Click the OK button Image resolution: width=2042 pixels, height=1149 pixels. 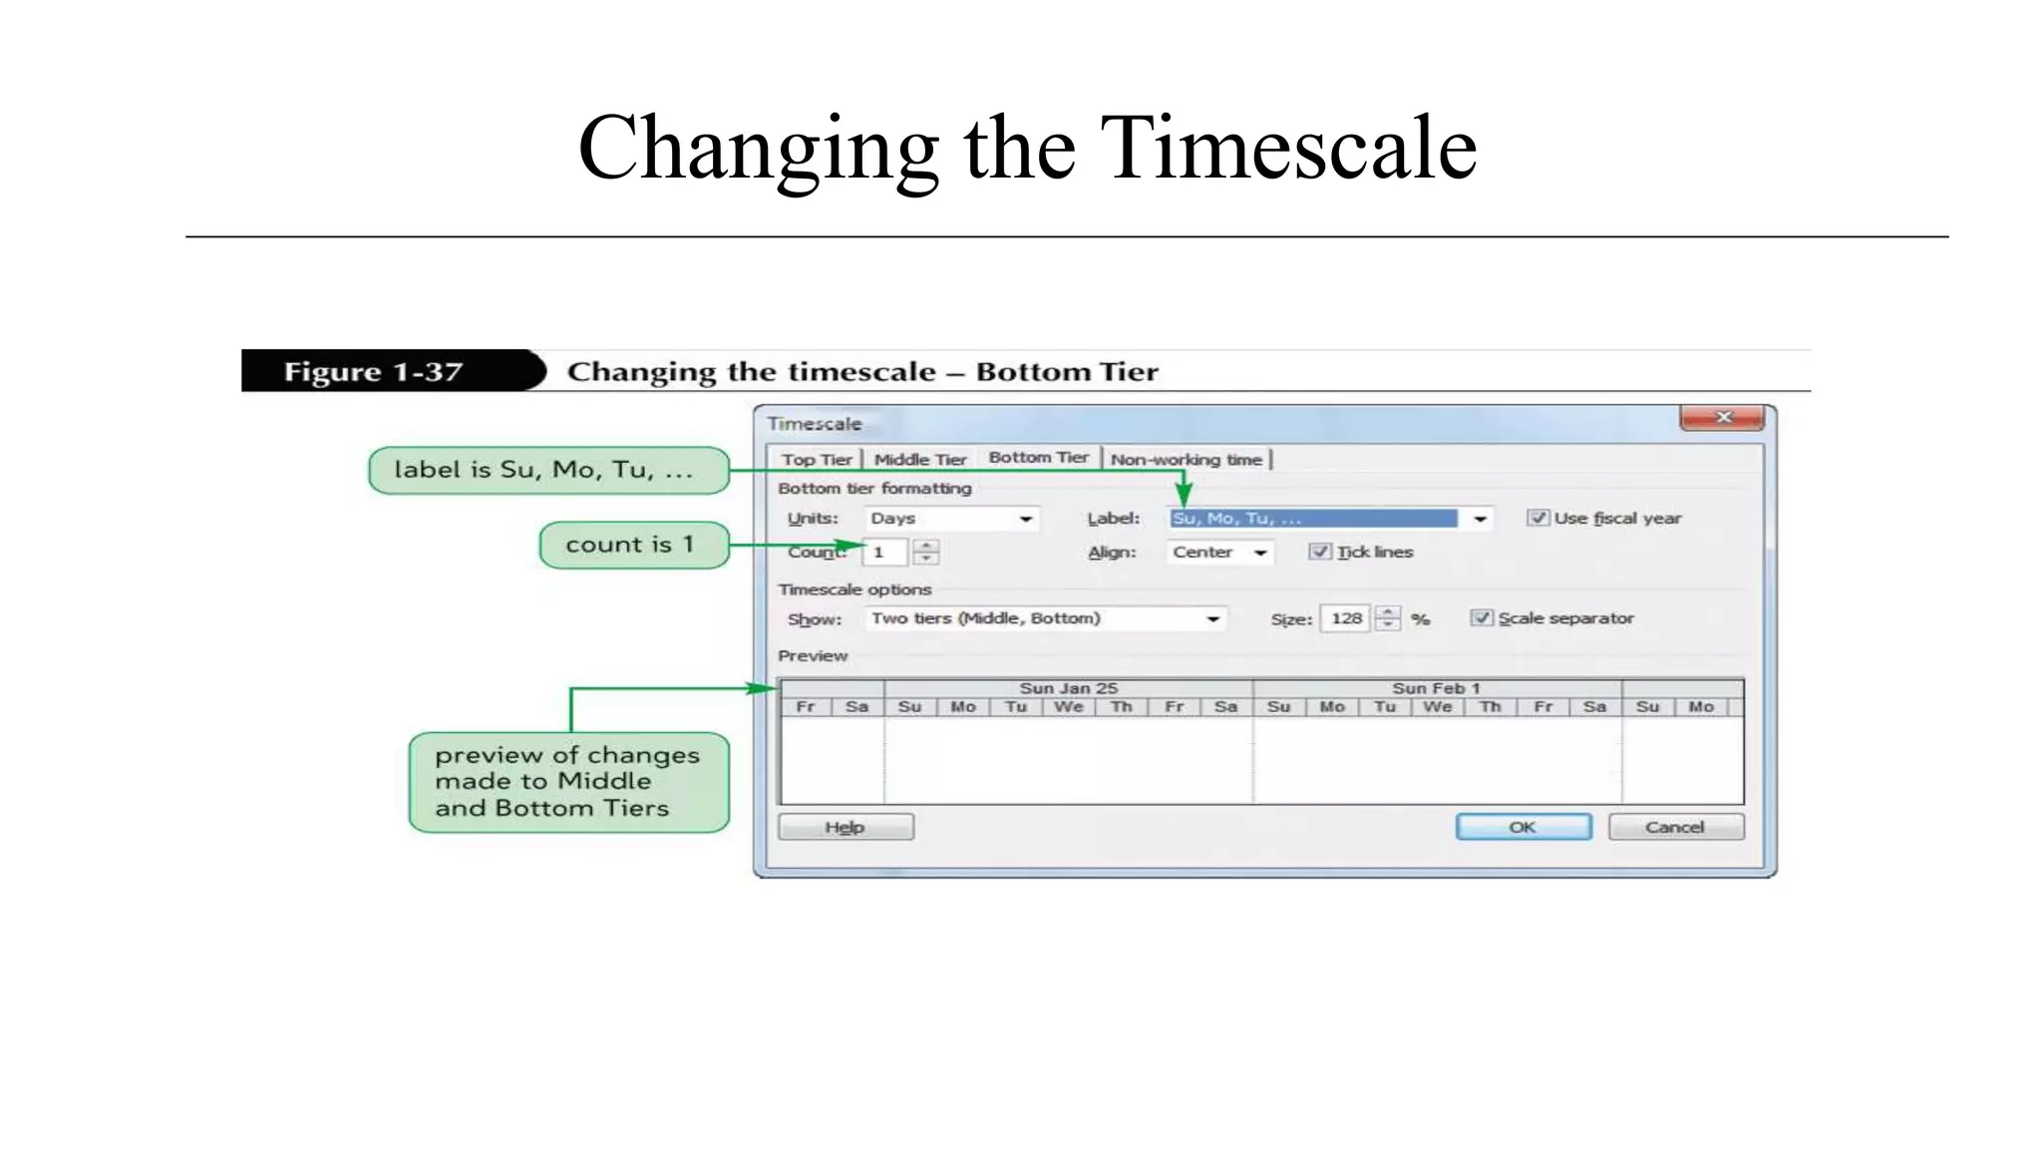(1523, 827)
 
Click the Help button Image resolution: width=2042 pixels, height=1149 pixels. (845, 827)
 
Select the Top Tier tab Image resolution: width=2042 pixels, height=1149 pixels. (817, 460)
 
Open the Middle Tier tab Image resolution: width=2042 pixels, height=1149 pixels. (919, 460)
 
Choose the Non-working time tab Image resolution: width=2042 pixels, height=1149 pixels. (1186, 460)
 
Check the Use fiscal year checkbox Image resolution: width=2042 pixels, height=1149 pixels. (1537, 518)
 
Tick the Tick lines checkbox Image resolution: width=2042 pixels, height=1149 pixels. (1319, 552)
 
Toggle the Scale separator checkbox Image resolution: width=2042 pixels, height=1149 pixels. (1482, 618)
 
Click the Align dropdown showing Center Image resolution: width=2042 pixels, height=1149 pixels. (1218, 553)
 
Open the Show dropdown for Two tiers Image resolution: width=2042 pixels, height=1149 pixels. (1044, 618)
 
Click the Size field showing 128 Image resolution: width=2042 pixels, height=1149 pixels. (1345, 618)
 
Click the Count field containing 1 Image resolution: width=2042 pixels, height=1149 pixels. (884, 553)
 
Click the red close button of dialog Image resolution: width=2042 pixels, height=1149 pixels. (1722, 418)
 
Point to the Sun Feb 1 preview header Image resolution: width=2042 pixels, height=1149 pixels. (1436, 688)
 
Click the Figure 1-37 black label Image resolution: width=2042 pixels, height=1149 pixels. (374, 372)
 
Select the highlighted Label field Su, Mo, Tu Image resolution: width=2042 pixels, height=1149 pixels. (1312, 519)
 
